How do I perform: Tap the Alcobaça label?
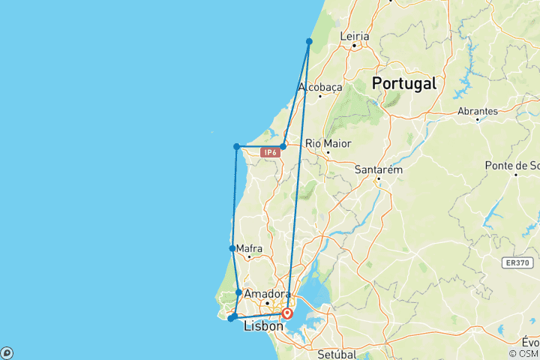coord(320,87)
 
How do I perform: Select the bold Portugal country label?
coord(404,82)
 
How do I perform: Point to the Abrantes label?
coord(477,111)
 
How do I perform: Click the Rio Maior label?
coord(328,143)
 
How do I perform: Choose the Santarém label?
coord(378,170)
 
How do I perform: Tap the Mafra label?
coord(247,248)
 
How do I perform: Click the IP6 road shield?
coord(271,152)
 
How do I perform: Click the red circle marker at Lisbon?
coord(287,314)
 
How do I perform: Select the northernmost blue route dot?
coord(309,41)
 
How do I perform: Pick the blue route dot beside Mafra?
coord(232,248)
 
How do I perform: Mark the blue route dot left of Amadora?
coord(238,292)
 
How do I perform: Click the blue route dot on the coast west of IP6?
coord(236,146)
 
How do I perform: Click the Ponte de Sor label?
coord(512,165)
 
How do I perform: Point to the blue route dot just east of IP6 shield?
coord(283,146)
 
